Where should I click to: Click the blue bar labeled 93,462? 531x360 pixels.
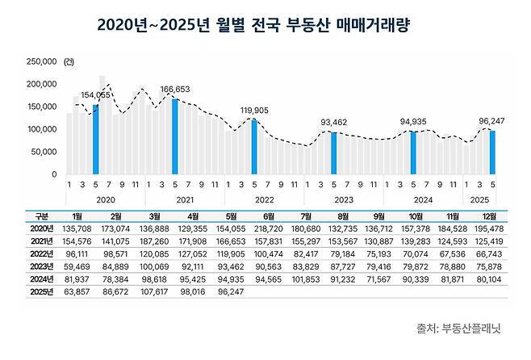333,153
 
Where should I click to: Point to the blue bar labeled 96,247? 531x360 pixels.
492,152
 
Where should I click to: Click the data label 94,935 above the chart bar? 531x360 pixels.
413,122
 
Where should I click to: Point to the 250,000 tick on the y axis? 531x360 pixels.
40,61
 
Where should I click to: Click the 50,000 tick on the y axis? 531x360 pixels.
43,152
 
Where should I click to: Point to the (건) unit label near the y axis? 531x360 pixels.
68,61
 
